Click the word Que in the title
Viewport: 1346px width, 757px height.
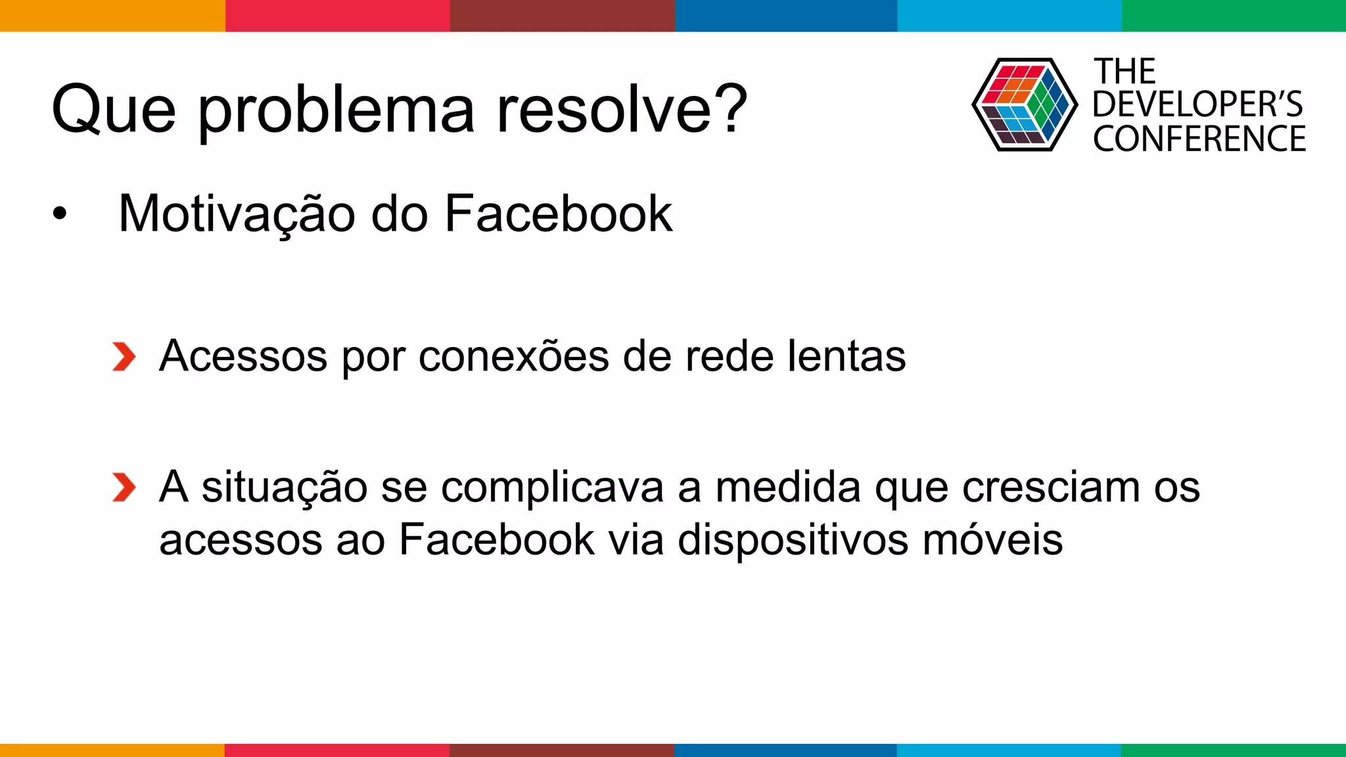114,110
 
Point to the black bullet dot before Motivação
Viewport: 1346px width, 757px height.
60,214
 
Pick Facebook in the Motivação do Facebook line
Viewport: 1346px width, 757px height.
559,214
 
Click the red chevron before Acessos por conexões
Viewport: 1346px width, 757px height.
124,357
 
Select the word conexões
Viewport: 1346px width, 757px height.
513,357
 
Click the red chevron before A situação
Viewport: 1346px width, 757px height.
124,488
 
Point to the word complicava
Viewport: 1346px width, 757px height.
552,488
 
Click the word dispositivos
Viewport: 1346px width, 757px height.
793,540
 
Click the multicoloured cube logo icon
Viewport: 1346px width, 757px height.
1025,104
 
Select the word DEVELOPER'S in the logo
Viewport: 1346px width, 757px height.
1197,104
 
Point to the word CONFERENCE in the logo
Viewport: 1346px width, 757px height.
1199,139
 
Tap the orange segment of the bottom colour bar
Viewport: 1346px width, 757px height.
112,750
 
